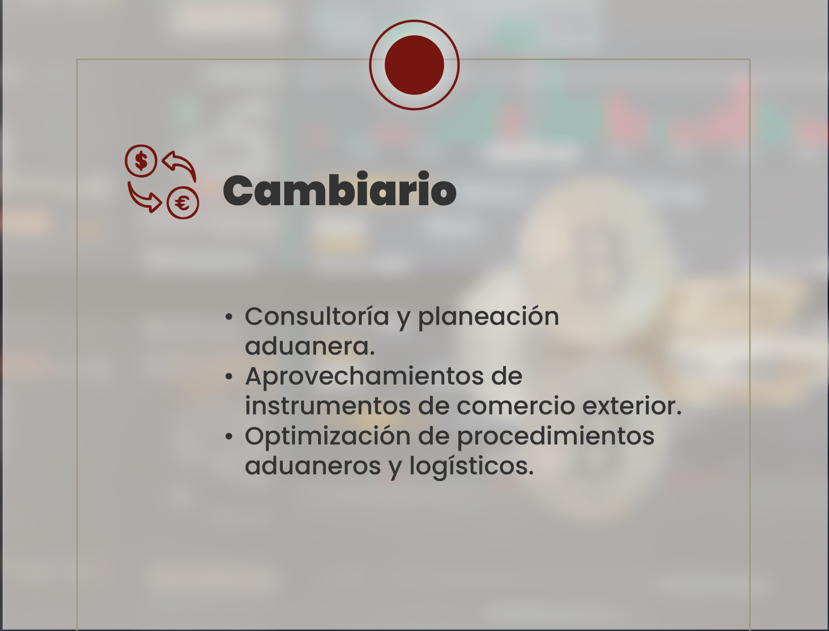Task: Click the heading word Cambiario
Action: (340, 189)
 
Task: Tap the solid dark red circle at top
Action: (414, 65)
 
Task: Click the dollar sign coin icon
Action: (141, 161)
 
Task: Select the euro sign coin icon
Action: (183, 203)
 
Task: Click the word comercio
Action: (516, 406)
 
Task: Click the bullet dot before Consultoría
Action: (229, 317)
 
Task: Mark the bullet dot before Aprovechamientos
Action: (229, 377)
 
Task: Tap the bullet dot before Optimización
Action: (229, 437)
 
